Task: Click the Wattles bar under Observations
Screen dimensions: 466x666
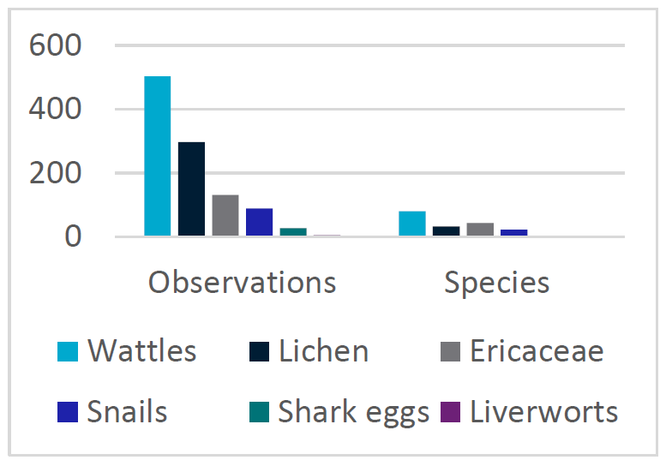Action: (157, 156)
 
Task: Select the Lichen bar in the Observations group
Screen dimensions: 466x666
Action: (191, 188)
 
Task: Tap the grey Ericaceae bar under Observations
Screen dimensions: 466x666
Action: (225, 215)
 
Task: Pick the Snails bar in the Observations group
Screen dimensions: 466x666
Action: (259, 222)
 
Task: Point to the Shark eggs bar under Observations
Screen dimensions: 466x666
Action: (293, 231)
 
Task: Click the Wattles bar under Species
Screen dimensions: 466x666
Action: (412, 223)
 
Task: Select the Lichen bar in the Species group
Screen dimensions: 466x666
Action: (446, 230)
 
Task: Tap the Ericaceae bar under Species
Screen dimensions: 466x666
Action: (480, 229)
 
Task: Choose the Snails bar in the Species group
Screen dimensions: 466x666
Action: (513, 232)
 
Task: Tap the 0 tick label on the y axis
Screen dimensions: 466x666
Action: (72, 236)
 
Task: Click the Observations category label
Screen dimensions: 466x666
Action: (242, 283)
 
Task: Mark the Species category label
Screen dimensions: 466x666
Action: (496, 283)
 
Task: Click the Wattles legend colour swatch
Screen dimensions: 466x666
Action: (68, 351)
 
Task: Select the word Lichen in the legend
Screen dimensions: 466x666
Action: (323, 351)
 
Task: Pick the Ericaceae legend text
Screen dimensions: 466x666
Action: (537, 351)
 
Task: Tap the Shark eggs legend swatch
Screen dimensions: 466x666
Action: (259, 412)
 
